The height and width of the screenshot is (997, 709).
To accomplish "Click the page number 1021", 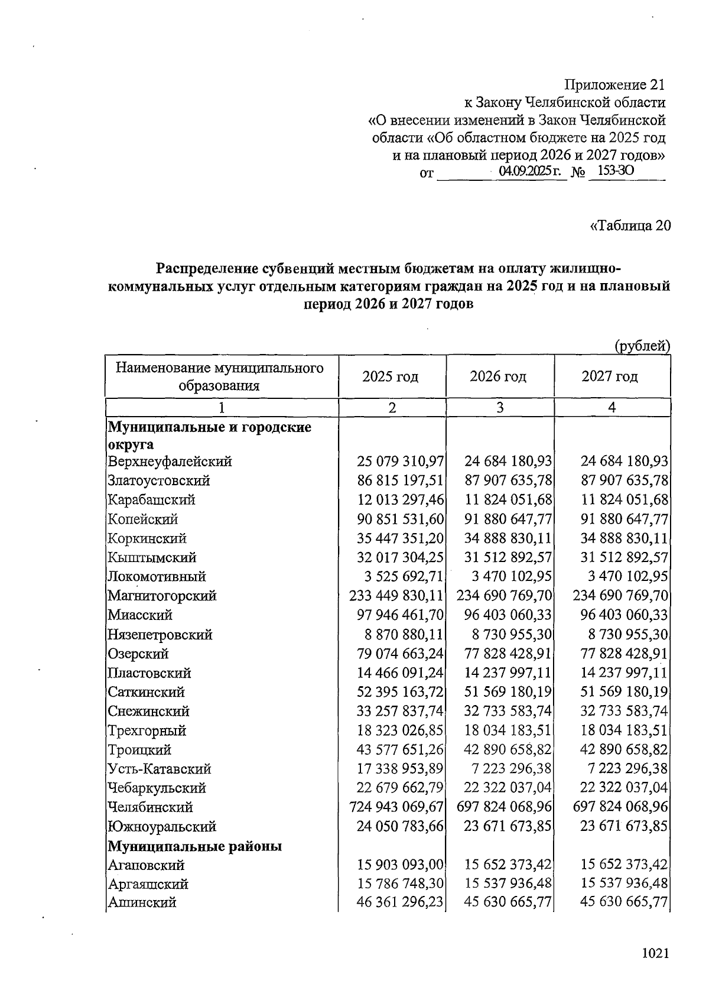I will (655, 953).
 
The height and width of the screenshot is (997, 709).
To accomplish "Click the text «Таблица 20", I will (630, 226).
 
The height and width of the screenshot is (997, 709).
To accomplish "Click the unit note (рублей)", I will (642, 346).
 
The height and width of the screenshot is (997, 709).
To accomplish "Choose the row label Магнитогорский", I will (162, 596).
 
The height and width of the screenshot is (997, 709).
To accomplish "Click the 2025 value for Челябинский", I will (396, 807).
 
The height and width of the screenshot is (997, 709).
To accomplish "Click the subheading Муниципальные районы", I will (194, 846).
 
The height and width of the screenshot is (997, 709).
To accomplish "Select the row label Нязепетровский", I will (160, 635).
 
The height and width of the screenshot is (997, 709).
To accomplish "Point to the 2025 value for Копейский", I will (400, 519).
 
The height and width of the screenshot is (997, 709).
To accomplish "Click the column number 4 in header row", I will (612, 407).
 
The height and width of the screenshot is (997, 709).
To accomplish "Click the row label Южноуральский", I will (162, 827).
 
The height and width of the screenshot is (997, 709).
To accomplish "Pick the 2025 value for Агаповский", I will (400, 865).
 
